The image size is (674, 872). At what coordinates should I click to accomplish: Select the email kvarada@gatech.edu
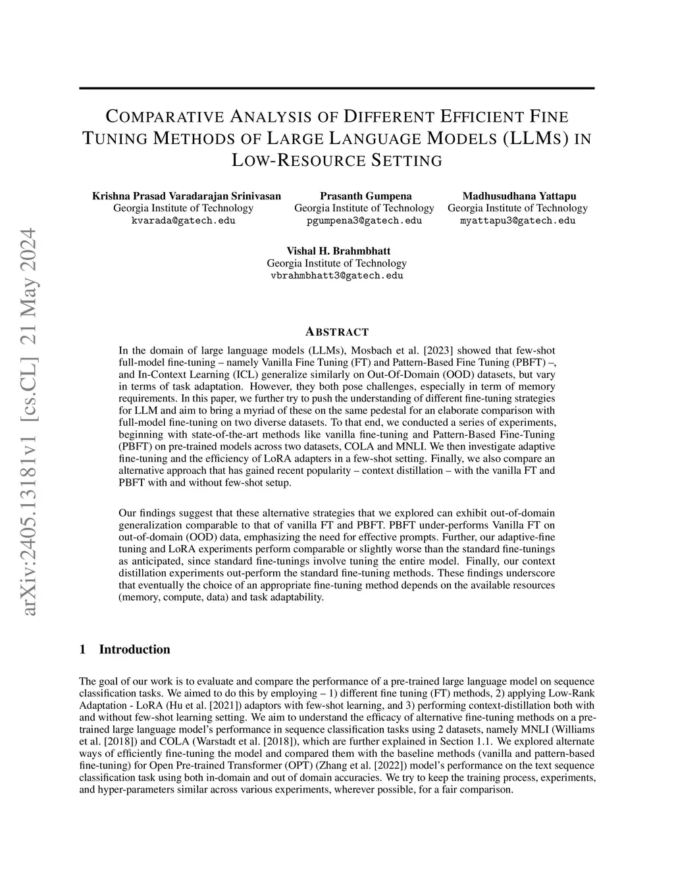click(184, 220)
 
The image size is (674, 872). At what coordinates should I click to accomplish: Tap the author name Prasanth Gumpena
click(366, 195)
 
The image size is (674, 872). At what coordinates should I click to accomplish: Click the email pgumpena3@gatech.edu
click(364, 220)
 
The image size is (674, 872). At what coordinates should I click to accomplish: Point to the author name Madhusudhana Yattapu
click(519, 195)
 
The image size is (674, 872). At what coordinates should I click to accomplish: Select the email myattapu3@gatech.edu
click(517, 220)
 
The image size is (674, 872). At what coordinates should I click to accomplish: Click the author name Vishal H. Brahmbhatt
click(338, 251)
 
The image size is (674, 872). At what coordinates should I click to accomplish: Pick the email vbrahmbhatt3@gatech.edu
click(337, 276)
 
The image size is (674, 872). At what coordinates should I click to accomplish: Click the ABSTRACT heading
click(337, 332)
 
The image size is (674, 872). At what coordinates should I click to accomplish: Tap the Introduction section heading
click(134, 650)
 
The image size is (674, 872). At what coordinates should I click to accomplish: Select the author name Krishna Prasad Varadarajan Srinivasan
click(186, 195)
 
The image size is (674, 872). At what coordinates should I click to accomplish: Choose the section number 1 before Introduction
click(82, 650)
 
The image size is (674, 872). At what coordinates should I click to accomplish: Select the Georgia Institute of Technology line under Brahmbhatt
click(337, 263)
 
